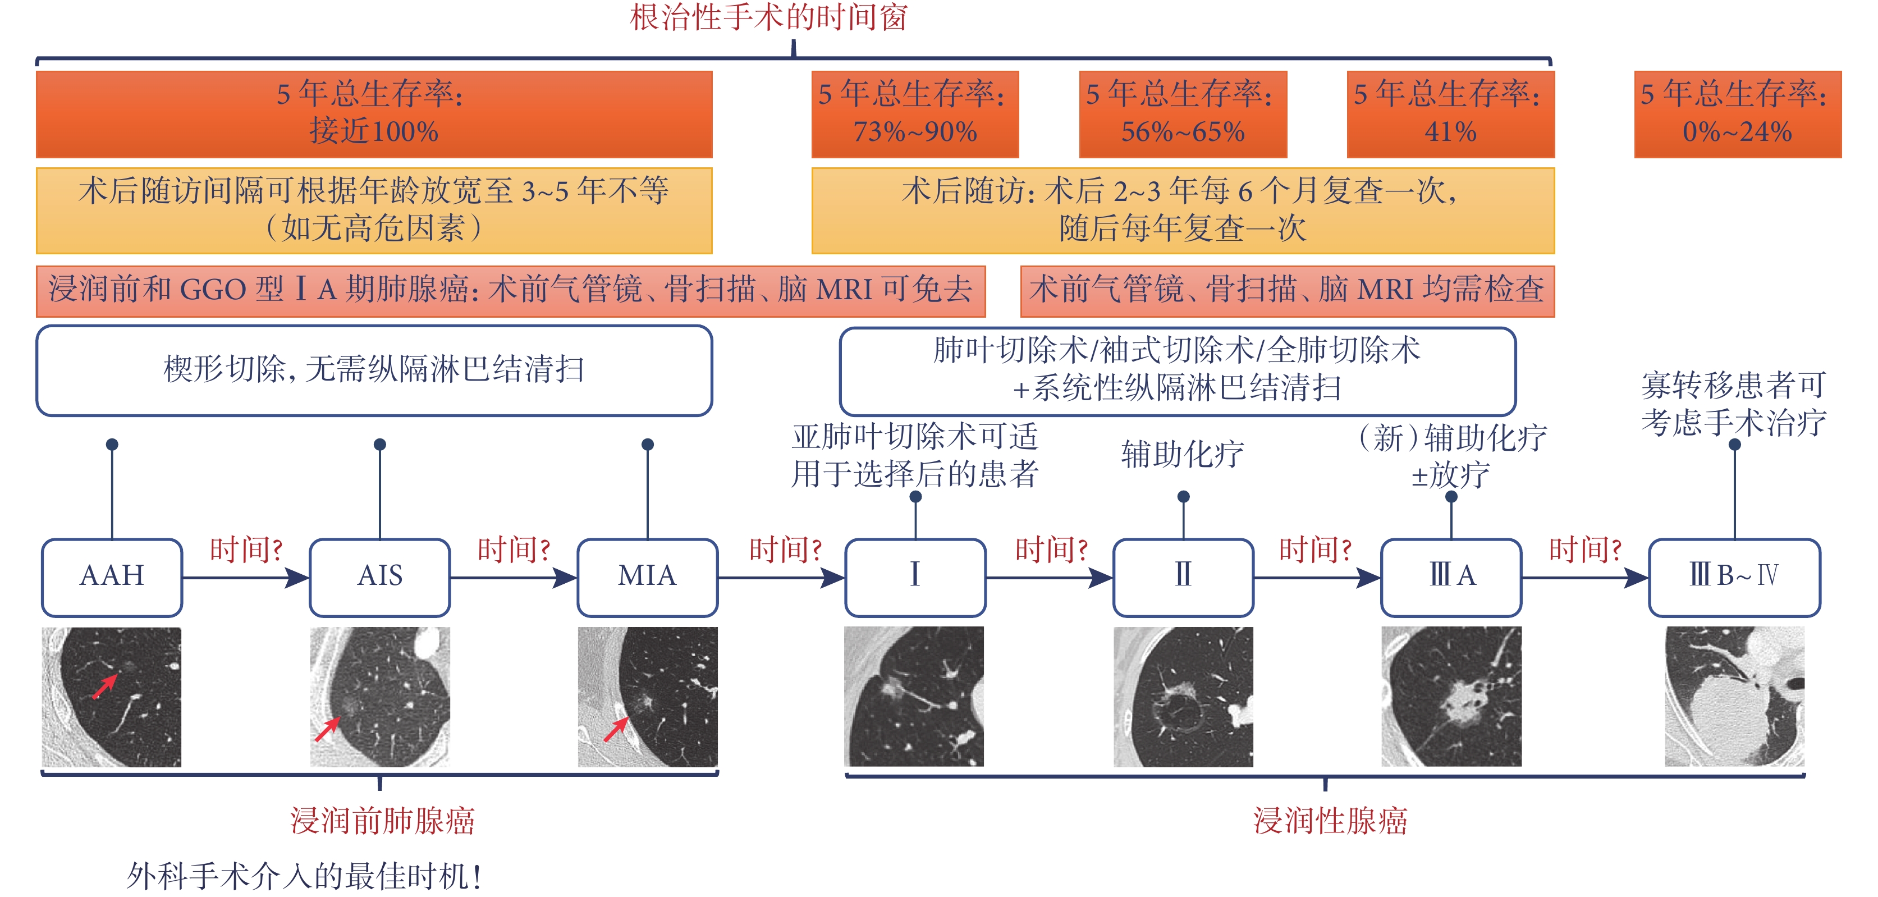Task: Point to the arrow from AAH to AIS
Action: coord(246,578)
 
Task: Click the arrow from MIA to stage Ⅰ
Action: coord(781,578)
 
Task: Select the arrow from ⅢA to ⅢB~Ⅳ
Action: coord(1586,578)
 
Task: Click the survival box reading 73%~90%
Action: coord(915,114)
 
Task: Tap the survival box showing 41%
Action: coord(1451,114)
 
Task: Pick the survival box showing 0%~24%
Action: coord(1738,114)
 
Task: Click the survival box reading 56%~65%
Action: coord(1183,114)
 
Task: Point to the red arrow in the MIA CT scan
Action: coord(616,729)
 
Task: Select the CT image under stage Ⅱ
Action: coord(1183,697)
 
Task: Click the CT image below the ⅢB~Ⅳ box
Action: coord(1734,697)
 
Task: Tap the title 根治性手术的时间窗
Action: coord(768,17)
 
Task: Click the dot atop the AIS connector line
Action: coord(380,444)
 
